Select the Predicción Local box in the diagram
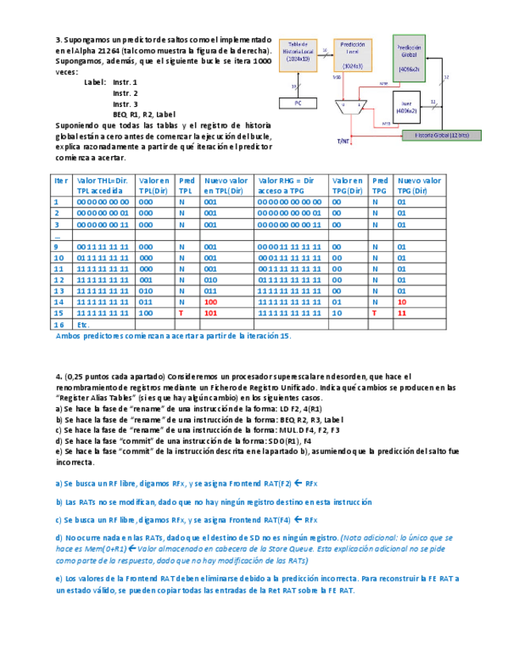(353, 55)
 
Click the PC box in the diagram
(298, 103)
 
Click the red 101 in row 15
(211, 313)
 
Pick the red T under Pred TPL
(181, 313)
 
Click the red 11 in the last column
(402, 313)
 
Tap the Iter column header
(61, 181)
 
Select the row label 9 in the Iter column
(56, 246)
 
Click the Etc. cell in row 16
(84, 325)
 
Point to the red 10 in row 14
(402, 302)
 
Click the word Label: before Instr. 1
(94, 82)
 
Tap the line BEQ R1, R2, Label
(144, 114)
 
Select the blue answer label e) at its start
(59, 578)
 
